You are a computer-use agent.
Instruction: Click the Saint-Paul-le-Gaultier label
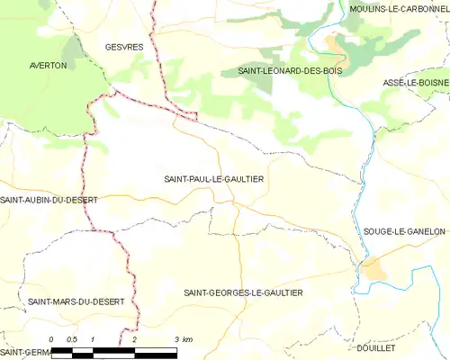pos(213,179)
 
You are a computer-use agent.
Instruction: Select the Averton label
pos(48,66)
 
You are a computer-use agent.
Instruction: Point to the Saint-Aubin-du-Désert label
pos(49,199)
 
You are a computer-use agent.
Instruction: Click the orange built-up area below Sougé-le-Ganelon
pos(373,268)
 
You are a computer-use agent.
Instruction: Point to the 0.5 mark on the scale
pos(72,339)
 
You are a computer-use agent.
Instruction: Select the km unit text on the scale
pos(187,339)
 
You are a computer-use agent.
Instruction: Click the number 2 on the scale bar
pos(134,339)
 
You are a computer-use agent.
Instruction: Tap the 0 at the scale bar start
pos(52,339)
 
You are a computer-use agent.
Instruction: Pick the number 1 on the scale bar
pos(93,339)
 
